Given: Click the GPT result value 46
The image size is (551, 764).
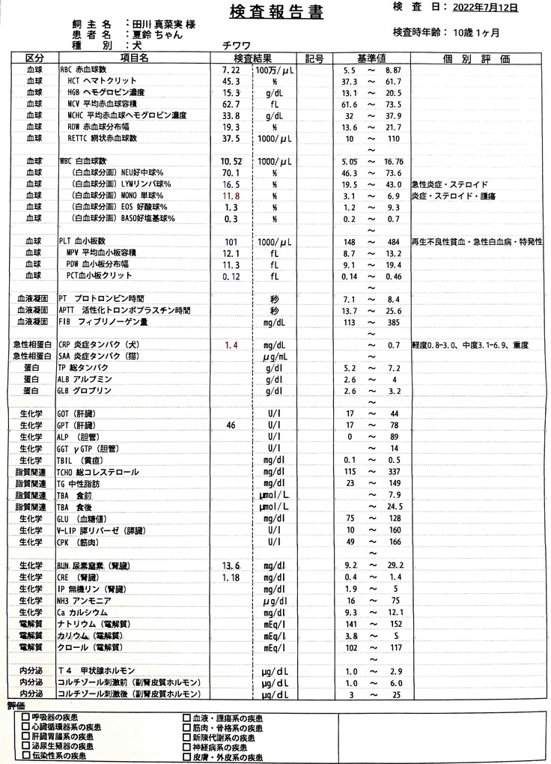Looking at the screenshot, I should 229,425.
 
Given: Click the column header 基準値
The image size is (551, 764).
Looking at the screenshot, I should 371,58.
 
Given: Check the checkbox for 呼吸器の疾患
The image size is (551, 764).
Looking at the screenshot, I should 25,718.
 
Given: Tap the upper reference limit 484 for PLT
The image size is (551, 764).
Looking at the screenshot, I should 394,242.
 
